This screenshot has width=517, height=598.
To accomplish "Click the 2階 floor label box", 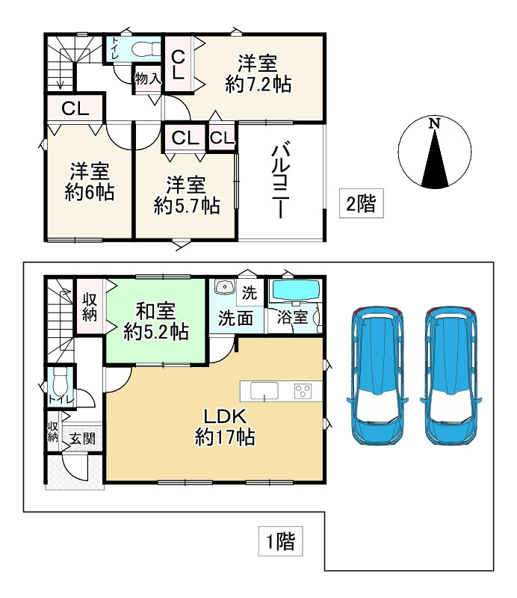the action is pos(361,203).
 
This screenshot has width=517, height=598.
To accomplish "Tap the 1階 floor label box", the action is pos(281,541).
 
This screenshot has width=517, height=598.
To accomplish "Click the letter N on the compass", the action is pos(434,123).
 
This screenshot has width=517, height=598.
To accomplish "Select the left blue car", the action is pos(377,376).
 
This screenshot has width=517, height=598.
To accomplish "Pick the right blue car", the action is pos(451,376).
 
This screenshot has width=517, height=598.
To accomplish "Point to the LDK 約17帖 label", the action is pos(225,427).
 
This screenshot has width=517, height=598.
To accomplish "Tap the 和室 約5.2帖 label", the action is pos(156,321).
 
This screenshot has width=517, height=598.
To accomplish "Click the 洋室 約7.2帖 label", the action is pos(258,74).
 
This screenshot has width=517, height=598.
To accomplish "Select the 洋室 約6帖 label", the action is pos(90,182).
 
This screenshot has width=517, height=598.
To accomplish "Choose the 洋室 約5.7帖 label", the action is pos(187,195).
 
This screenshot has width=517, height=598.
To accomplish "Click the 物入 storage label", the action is pos(148,79).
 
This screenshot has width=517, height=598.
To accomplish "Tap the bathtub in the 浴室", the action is pos(294,292).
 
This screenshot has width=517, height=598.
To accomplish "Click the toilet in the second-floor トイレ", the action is pos(146,49).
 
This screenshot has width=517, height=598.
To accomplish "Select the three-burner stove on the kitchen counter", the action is pos(303,391).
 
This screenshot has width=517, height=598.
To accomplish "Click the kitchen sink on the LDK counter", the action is pos(264,391).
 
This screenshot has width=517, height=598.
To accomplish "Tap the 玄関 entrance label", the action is pos(82,439).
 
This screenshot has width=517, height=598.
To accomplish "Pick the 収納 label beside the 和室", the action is pos(90,307).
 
